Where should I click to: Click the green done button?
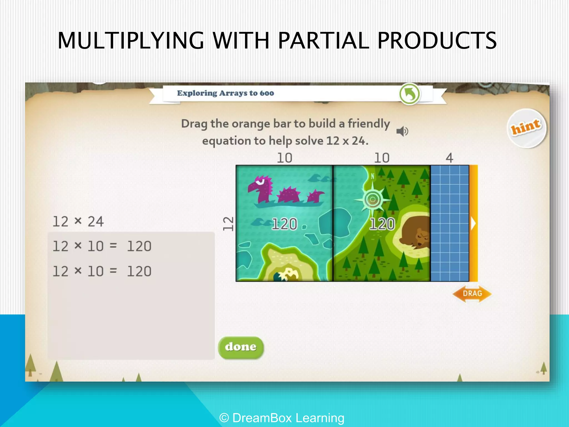pos(241,347)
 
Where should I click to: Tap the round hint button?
pos(526,128)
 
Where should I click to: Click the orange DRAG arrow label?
pos(472,294)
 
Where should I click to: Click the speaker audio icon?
pos(402,131)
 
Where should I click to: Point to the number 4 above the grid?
pos(449,158)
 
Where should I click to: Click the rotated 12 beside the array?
pos(228,224)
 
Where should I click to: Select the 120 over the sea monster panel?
pos(284,224)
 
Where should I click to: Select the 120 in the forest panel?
pos(382,224)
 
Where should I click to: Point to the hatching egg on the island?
pos(286,275)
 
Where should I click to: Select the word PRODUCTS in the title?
pos(437,41)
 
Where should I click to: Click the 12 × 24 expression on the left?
pos(78,222)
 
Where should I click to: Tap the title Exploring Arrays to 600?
pos(225,93)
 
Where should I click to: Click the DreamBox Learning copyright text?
pos(282,418)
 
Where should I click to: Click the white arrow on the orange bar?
pos(473,224)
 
